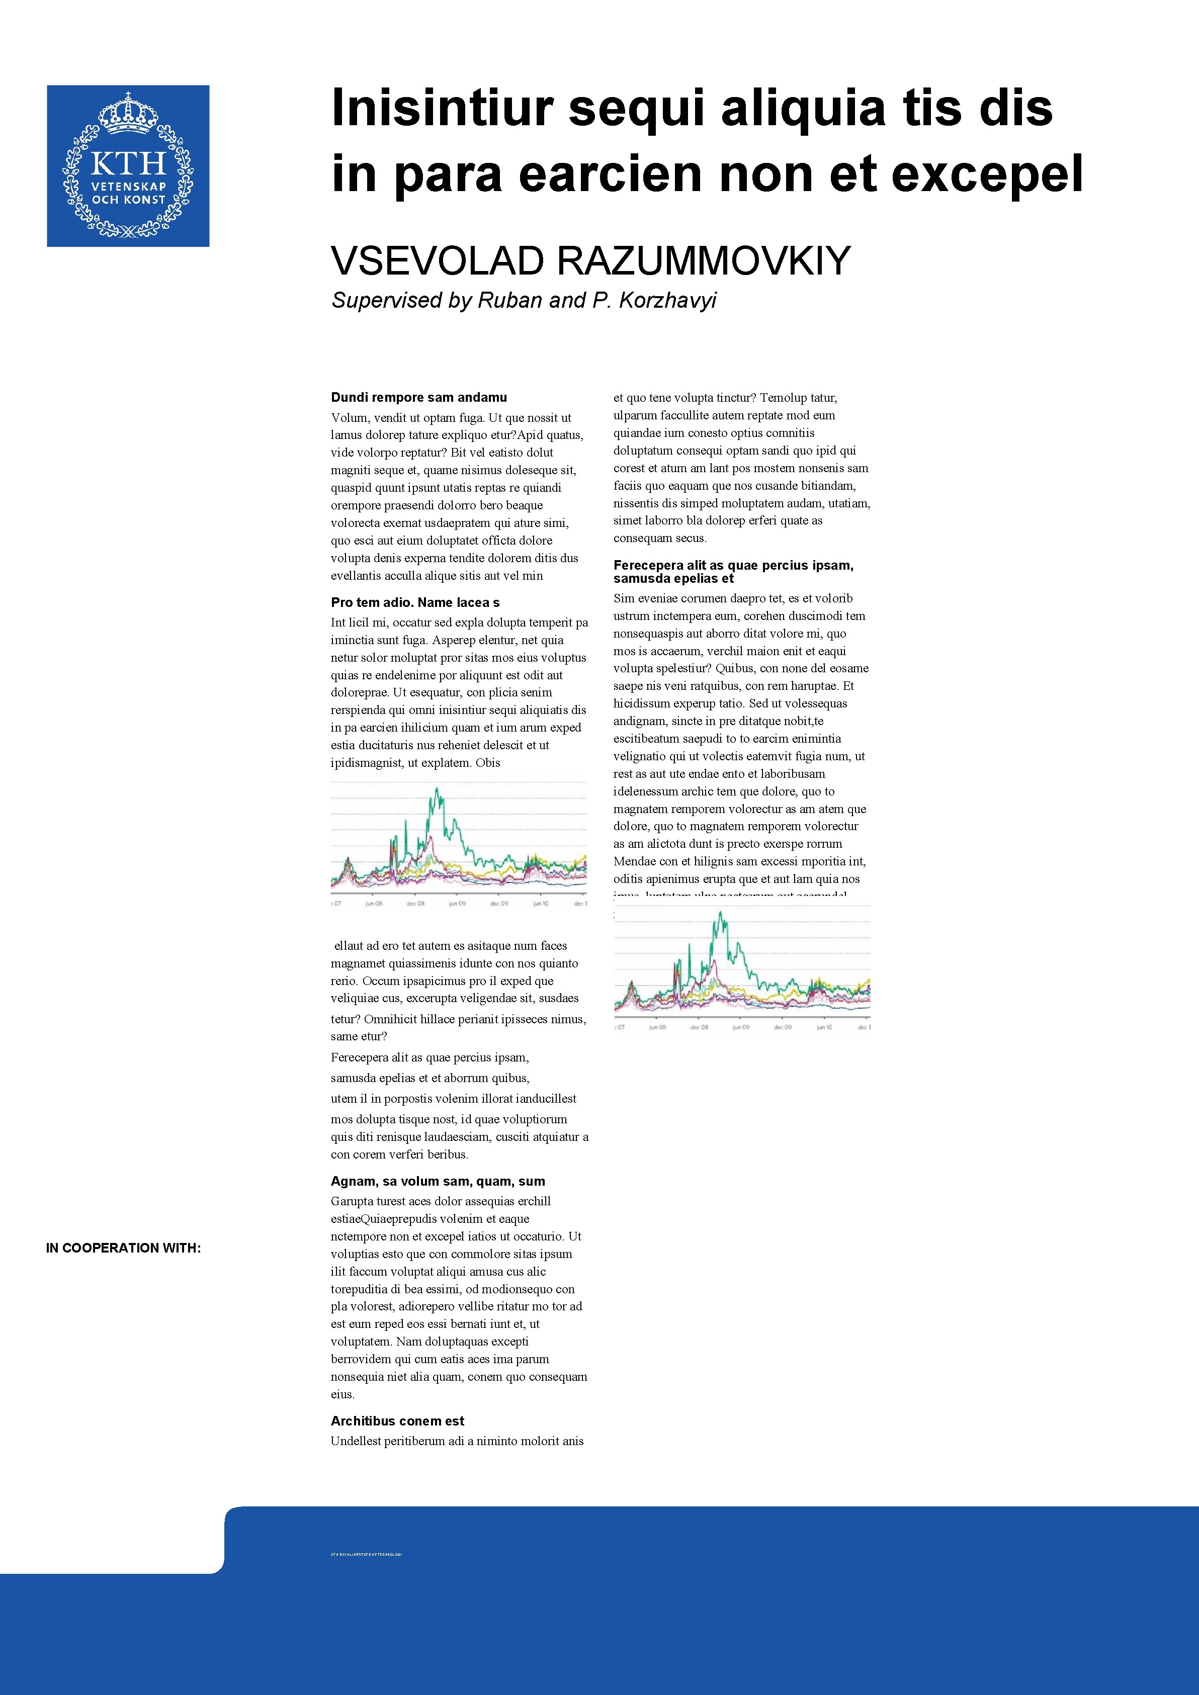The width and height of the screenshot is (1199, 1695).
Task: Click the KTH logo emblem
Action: click(x=128, y=165)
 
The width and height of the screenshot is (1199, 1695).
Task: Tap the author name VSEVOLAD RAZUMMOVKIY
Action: click(x=590, y=260)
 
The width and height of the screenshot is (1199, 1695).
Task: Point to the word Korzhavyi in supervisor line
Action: click(x=667, y=301)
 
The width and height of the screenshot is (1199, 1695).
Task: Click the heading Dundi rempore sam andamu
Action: click(x=418, y=397)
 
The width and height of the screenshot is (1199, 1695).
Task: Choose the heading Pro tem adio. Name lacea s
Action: click(x=415, y=602)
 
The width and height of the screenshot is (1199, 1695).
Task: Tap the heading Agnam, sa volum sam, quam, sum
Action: click(x=438, y=1181)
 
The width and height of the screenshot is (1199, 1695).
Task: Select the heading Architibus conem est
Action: click(x=397, y=1421)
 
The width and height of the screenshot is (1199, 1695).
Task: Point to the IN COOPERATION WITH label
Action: click(x=123, y=1247)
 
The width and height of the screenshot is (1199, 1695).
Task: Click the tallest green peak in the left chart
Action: click(x=438, y=790)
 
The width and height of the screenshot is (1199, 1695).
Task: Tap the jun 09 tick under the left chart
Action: click(x=458, y=904)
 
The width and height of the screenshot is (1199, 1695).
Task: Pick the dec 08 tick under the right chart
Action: click(x=699, y=1028)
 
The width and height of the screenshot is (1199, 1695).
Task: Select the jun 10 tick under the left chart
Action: click(x=541, y=904)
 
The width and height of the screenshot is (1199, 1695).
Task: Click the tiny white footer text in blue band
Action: click(x=366, y=1575)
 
